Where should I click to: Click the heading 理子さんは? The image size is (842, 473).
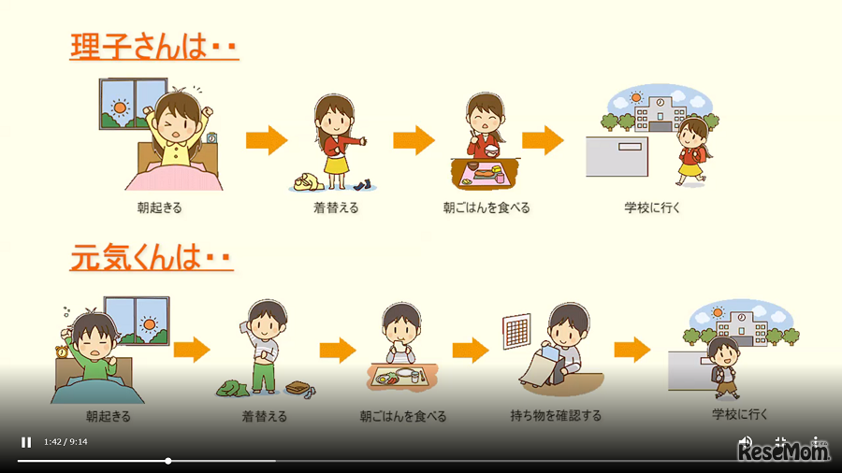[154, 46]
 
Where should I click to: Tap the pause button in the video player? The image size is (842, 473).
[26, 442]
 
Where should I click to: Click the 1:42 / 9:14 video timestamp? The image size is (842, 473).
[65, 442]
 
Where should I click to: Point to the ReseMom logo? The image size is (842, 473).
[784, 452]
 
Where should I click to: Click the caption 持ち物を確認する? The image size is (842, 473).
[556, 415]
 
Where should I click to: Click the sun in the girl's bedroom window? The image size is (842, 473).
[120, 107]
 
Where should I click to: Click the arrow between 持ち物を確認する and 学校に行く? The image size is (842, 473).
[632, 351]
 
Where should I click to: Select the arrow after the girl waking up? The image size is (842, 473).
[267, 141]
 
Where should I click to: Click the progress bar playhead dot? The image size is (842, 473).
[168, 461]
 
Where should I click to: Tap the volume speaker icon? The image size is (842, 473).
[745, 440]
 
